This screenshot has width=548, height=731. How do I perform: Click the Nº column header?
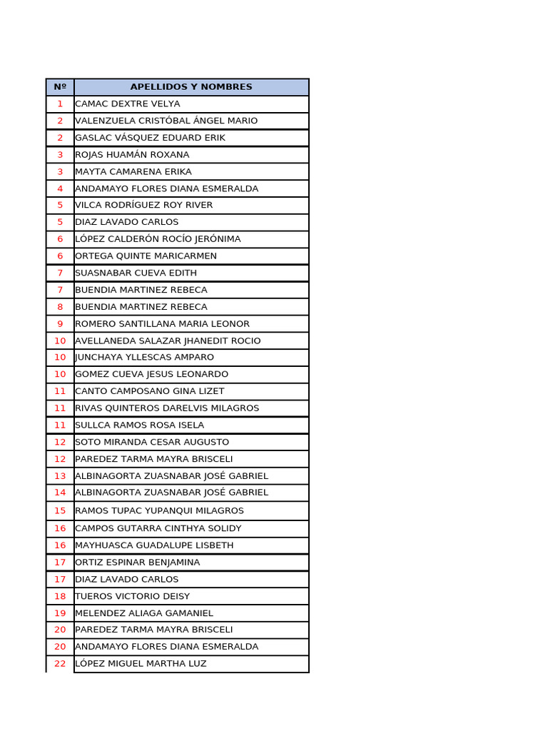pyautogui.click(x=60, y=87)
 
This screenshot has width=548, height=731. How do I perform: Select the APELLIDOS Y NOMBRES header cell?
pyautogui.click(x=191, y=87)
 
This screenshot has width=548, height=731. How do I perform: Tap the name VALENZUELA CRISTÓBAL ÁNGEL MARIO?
pyautogui.click(x=166, y=121)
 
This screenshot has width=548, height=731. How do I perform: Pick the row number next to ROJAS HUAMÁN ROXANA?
pyautogui.click(x=60, y=155)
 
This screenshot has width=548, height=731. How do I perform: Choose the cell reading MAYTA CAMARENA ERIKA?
pyautogui.click(x=133, y=172)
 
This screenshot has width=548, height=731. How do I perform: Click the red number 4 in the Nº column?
pyautogui.click(x=60, y=188)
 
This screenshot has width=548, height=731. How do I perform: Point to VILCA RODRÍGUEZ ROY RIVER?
pyautogui.click(x=144, y=206)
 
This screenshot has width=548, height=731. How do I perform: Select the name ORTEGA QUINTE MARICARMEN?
pyautogui.click(x=146, y=256)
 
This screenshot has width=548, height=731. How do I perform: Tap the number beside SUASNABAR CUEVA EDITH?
pyautogui.click(x=60, y=273)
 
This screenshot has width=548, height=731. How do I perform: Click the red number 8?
pyautogui.click(x=60, y=307)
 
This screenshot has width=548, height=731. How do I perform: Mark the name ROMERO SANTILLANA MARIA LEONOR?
pyautogui.click(x=163, y=324)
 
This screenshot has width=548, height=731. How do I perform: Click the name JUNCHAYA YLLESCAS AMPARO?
pyautogui.click(x=145, y=358)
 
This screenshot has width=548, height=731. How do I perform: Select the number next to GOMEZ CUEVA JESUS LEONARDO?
pyautogui.click(x=60, y=375)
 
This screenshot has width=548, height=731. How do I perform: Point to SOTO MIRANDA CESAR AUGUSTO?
pyautogui.click(x=152, y=443)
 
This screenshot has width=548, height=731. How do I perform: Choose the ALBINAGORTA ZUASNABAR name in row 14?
pyautogui.click(x=172, y=493)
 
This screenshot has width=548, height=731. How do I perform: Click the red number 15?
pyautogui.click(x=60, y=511)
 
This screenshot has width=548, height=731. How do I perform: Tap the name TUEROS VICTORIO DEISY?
pyautogui.click(x=133, y=597)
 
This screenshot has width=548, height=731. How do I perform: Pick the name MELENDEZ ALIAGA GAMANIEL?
pyautogui.click(x=144, y=613)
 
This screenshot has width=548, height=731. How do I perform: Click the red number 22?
pyautogui.click(x=60, y=664)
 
